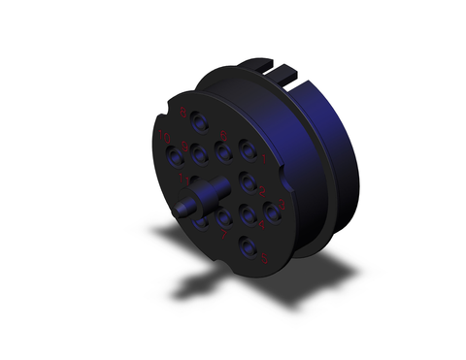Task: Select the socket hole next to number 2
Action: pyautogui.click(x=249, y=183)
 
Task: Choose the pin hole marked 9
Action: pyautogui.click(x=201, y=152)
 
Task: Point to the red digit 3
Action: pyautogui.click(x=283, y=204)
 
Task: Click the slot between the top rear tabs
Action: pyautogui.click(x=280, y=69)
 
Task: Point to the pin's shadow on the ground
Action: pyautogui.click(x=199, y=285)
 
